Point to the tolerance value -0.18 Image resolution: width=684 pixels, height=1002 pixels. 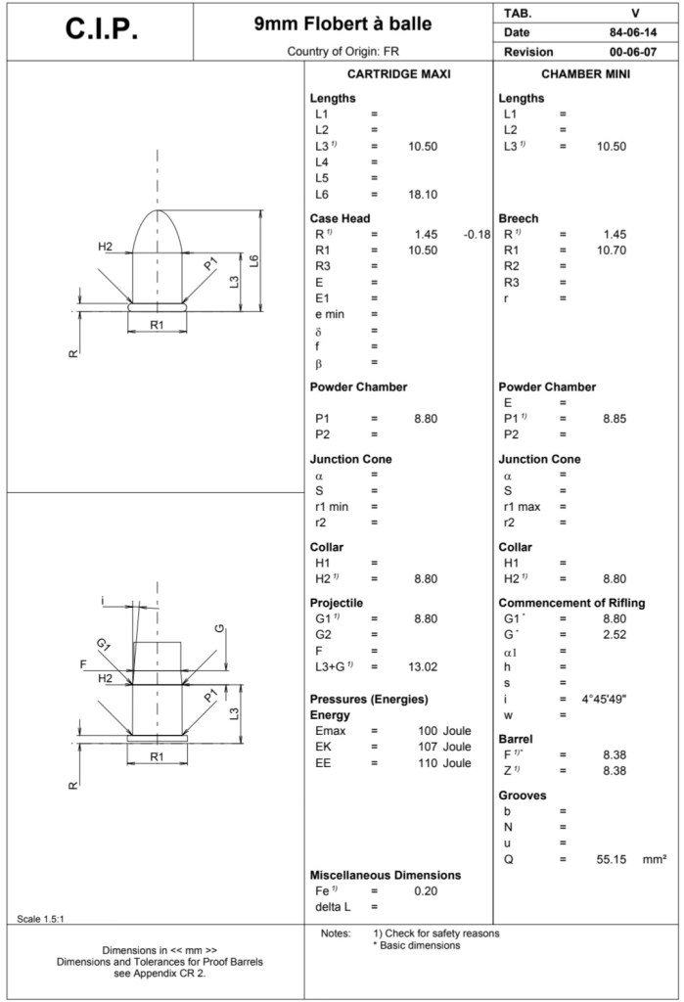point(476,234)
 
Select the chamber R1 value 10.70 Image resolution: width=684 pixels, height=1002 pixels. point(611,250)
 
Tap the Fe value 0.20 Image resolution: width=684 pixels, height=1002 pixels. point(425,890)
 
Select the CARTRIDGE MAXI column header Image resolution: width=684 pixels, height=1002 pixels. point(399,74)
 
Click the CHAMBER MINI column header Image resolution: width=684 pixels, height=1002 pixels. point(585,74)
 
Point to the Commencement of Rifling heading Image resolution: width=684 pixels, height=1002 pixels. point(571,603)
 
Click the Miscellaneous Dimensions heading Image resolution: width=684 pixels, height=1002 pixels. point(385,875)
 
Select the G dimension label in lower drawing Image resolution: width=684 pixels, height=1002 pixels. point(219,627)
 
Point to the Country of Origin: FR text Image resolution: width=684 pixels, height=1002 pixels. point(342,51)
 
